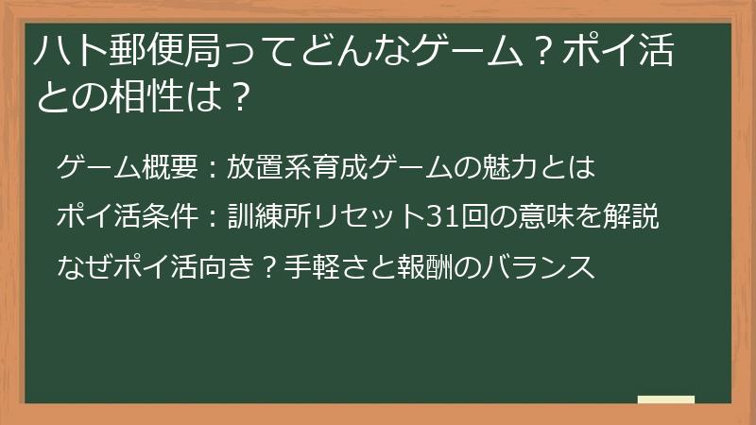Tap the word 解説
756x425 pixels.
635,218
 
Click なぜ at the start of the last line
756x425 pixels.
79,267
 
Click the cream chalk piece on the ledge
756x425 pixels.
665,400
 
